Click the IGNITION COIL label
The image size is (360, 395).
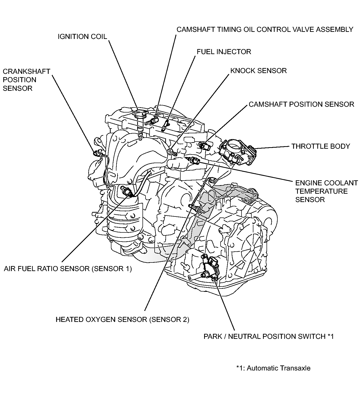pyautogui.click(x=82, y=37)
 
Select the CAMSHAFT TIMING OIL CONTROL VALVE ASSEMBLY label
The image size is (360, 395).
pyautogui.click(x=265, y=30)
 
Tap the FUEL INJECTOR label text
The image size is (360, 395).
pyautogui.click(x=224, y=52)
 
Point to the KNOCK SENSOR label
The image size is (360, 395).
pyautogui.click(x=258, y=71)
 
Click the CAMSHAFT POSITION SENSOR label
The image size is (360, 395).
pyautogui.click(x=301, y=104)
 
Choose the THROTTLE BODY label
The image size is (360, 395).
pyautogui.click(x=321, y=146)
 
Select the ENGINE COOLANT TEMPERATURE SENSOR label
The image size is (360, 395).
pyautogui.click(x=326, y=191)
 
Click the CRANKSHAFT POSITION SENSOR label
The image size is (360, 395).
pyautogui.click(x=26, y=80)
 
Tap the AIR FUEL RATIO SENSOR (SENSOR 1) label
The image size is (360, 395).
pyautogui.click(x=68, y=269)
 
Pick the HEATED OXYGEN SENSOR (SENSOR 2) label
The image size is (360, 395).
pyautogui.click(x=122, y=319)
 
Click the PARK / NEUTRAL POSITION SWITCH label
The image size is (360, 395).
pyautogui.click(x=269, y=336)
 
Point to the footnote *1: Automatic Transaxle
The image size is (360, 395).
pyautogui.click(x=273, y=368)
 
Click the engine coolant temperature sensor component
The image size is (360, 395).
pyautogui.click(x=194, y=160)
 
